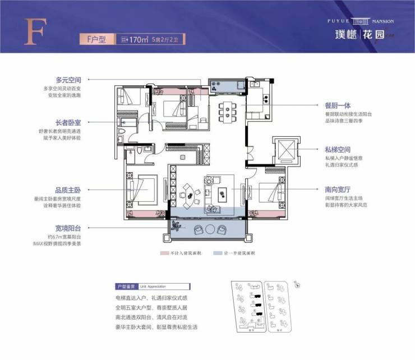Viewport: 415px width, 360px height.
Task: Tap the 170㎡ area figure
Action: [137, 39]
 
